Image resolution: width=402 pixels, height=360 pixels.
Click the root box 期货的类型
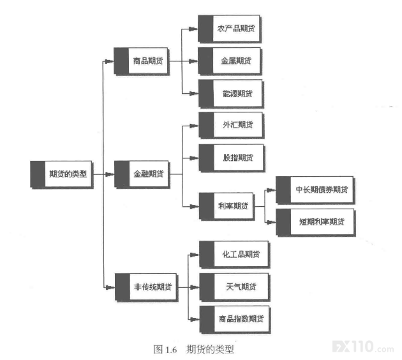[61, 175]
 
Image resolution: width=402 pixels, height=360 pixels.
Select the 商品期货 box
[142, 61]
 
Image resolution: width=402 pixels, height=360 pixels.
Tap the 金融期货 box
[142, 175]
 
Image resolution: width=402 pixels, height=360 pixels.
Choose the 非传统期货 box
[146, 287]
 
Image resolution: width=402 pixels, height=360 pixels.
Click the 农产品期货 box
[230, 29]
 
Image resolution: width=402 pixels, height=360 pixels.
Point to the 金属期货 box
[230, 61]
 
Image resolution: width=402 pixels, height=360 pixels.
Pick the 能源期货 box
[231, 94]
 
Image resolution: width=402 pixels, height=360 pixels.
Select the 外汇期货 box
[232, 125]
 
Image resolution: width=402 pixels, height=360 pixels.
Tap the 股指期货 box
[232, 158]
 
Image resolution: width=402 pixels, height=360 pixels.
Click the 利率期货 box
[227, 206]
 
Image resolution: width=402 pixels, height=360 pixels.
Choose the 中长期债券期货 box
[315, 190]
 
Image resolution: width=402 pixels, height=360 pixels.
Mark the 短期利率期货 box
[316, 222]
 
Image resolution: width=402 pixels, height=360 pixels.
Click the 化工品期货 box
[234, 255]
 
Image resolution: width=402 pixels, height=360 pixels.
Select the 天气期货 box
[235, 287]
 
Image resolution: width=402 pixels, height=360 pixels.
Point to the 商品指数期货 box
[235, 320]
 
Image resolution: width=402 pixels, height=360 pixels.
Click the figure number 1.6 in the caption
[171, 350]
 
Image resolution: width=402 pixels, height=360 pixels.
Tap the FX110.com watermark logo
[363, 347]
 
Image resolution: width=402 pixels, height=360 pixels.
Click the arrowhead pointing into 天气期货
[195, 287]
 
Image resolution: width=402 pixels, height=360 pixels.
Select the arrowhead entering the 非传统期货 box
[110, 287]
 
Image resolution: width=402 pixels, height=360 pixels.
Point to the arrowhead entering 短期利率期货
[271, 222]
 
